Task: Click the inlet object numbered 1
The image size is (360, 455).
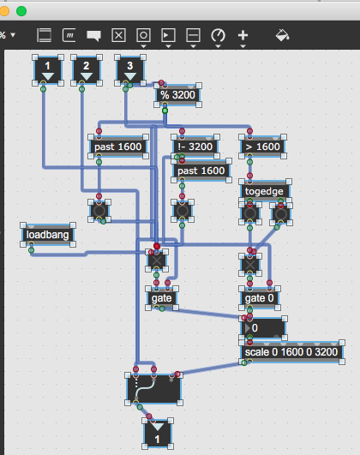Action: [48, 70]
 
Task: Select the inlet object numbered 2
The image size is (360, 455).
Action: [87, 70]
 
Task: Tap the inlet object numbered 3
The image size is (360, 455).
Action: [130, 70]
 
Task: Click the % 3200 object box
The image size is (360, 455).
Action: [177, 95]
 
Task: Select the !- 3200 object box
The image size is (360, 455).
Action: [195, 147]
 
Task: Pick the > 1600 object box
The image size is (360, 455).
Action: [263, 147]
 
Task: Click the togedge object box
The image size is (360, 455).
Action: [264, 191]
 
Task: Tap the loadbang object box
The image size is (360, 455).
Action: [48, 235]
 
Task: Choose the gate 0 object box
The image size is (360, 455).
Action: [259, 298]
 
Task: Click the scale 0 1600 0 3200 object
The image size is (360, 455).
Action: [291, 352]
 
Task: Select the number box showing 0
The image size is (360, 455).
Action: [263, 328]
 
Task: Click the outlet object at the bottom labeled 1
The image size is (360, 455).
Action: [158, 434]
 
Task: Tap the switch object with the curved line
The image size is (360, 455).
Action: [154, 389]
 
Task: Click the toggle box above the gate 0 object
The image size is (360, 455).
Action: [250, 265]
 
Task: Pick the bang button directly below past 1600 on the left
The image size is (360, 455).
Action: [99, 211]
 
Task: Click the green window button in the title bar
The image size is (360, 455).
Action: [21, 11]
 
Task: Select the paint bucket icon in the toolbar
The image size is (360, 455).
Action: [282, 35]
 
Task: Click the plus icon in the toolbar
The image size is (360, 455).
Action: [243, 35]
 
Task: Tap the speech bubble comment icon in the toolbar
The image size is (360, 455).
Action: [93, 36]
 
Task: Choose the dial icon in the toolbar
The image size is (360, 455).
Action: [218, 35]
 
